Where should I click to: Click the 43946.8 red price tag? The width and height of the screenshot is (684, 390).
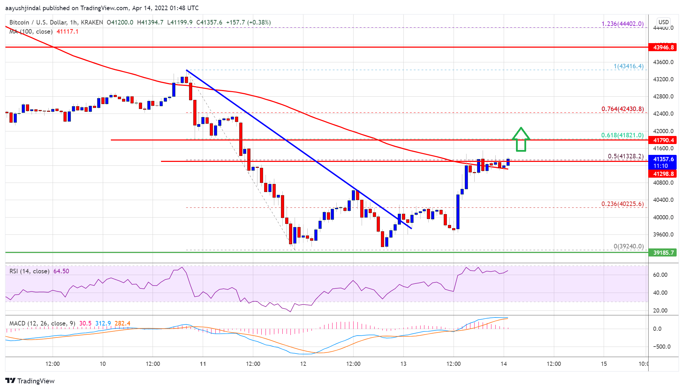tap(663, 47)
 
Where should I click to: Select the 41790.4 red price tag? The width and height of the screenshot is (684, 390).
tap(663, 140)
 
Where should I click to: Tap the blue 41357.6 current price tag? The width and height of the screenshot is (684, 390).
tap(663, 159)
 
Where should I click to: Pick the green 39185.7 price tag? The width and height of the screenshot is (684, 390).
tap(663, 253)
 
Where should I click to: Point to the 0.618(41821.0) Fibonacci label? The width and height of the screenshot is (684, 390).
tap(622, 135)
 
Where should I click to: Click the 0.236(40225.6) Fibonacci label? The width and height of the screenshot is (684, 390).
tap(622, 204)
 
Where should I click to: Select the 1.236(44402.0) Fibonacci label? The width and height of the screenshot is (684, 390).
tap(622, 24)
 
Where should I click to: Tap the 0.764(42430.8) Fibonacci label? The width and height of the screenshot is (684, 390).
tap(622, 109)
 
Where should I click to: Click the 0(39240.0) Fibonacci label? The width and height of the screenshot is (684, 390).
tap(629, 246)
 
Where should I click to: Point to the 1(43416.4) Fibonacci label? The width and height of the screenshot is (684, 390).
tap(629, 66)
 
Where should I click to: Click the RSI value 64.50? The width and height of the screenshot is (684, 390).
tap(61, 271)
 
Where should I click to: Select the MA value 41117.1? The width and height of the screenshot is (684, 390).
tap(67, 32)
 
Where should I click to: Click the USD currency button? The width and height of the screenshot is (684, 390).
tap(663, 22)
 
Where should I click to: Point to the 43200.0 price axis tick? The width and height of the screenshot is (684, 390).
tap(663, 80)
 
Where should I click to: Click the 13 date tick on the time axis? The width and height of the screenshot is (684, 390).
tap(403, 364)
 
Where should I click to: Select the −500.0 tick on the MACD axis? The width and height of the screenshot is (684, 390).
tap(662, 347)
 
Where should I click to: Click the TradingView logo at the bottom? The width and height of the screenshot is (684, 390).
tap(30, 381)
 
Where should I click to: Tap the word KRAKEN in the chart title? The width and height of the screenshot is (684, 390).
tap(92, 22)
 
